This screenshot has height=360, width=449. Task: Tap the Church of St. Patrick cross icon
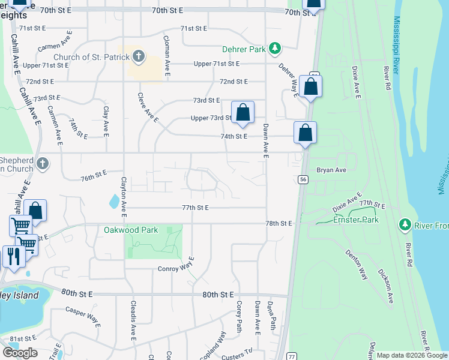(139, 58)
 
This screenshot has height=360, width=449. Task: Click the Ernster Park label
(356, 220)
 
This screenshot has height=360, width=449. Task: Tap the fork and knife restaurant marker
(13, 256)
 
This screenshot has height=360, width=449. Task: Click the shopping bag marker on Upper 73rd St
(243, 112)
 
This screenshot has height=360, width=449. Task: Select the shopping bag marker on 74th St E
(305, 133)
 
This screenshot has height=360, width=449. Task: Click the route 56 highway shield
(304, 179)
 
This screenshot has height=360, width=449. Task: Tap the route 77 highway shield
(292, 356)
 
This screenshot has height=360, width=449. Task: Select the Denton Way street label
(357, 264)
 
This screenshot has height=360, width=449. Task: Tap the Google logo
(20, 353)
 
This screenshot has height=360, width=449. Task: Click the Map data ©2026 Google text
(412, 355)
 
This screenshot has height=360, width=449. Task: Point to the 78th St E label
(279, 223)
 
